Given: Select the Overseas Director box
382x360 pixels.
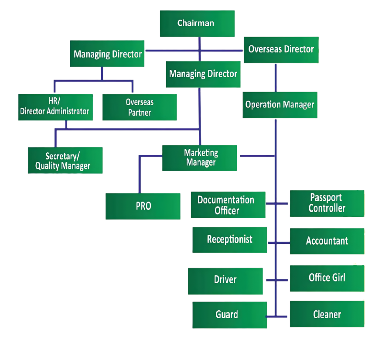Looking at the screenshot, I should click(281, 49).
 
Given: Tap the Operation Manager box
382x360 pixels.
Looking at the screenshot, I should click(280, 105).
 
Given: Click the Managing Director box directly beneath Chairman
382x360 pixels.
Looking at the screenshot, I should click(203, 74).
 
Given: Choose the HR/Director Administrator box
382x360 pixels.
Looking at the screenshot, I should click(55, 107).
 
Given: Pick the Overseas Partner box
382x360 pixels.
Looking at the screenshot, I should click(140, 107).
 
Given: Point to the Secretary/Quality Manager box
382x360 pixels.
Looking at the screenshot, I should click(65, 160).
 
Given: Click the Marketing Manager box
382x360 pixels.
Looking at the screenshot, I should click(200, 158).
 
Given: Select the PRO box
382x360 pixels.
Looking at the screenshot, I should click(143, 206).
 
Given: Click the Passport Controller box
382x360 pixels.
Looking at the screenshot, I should click(327, 203).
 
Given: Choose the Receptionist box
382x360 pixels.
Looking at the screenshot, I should click(229, 240).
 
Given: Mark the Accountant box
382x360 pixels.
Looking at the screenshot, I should click(327, 241).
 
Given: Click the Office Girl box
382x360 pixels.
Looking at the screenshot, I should click(327, 278).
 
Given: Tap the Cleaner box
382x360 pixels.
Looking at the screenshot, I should click(327, 314).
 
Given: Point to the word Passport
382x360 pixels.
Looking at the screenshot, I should click(326, 198).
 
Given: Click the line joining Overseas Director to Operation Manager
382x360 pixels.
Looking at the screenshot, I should click(275, 77).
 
